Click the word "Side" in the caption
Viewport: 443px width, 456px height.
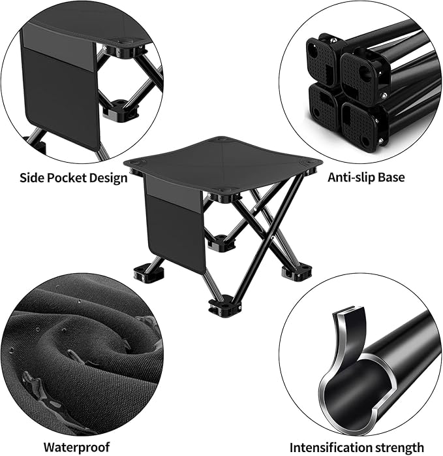tap(32, 178)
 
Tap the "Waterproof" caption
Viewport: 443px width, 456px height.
tap(77, 447)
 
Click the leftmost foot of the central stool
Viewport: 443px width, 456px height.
tap(149, 272)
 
